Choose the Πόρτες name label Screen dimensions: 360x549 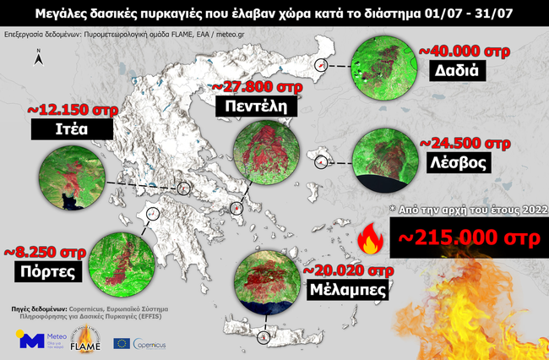click(x=46, y=272)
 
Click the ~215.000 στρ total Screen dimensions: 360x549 click(x=468, y=237)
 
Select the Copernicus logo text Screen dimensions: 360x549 click(x=149, y=345)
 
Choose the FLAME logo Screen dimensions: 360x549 click(x=85, y=340)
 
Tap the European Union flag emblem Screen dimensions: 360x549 click(x=121, y=344)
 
